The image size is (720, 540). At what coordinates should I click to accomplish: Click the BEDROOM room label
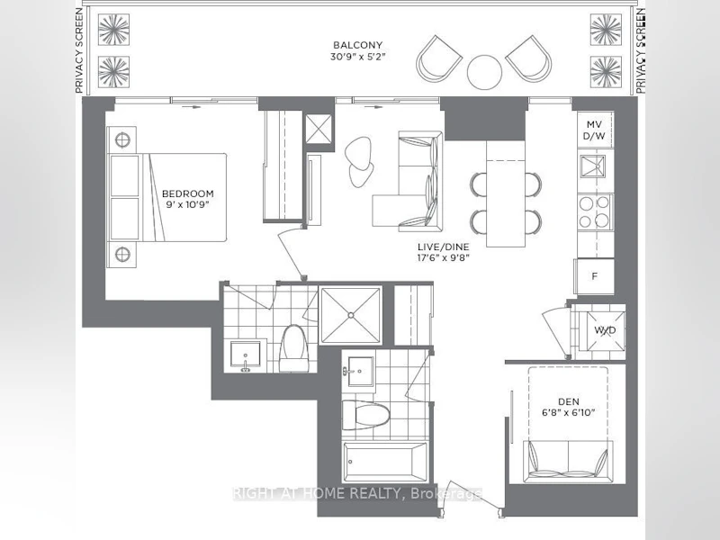(x=188, y=193)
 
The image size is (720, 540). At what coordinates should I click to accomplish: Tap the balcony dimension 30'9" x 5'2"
(x=357, y=57)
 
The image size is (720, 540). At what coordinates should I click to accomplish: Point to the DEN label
(x=569, y=401)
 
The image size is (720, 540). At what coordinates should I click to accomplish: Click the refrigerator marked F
(x=595, y=276)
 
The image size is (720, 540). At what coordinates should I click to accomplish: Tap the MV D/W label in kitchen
(x=594, y=130)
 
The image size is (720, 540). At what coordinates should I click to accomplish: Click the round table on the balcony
(x=484, y=72)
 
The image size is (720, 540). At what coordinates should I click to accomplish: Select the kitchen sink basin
(x=593, y=166)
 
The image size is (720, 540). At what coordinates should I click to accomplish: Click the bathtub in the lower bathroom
(x=385, y=462)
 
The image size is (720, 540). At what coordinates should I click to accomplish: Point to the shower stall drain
(x=351, y=315)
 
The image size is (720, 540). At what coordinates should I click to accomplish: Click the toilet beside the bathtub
(x=366, y=415)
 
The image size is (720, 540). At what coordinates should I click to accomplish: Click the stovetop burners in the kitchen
(x=594, y=211)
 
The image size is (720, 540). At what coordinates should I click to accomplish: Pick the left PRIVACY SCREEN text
(x=79, y=50)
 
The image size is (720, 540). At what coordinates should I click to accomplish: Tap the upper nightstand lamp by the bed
(x=122, y=140)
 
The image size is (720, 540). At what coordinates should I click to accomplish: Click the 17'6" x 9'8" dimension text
(x=444, y=257)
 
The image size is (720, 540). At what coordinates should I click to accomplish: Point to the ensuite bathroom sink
(x=245, y=355)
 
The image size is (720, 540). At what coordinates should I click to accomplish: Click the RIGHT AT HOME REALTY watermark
(x=356, y=493)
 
